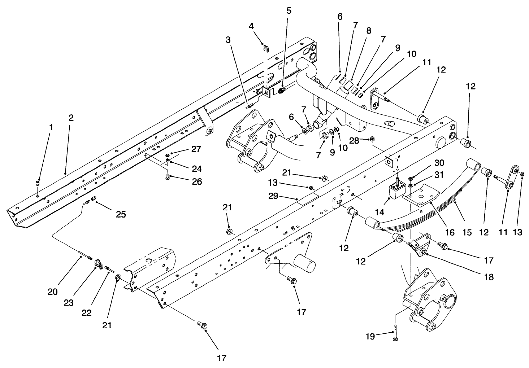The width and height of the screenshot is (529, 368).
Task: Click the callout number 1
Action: (51, 127)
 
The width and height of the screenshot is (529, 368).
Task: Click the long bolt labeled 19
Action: (395, 336)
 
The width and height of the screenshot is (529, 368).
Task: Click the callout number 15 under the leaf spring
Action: (467, 233)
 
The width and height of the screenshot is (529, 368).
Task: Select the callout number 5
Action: (288, 11)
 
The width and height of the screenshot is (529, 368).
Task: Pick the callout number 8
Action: (368, 31)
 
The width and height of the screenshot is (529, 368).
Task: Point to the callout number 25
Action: (121, 214)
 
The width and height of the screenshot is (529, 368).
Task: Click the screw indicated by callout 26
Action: (168, 177)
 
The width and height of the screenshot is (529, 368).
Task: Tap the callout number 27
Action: (196, 149)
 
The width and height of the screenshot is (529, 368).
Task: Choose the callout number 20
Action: (53, 292)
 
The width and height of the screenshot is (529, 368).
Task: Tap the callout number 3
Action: (228, 40)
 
